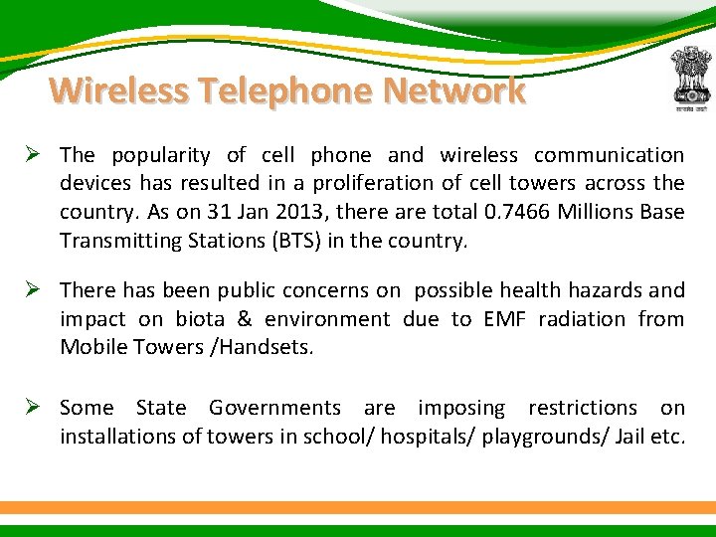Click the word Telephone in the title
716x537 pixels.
click(x=288, y=90)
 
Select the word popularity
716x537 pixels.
click(x=161, y=155)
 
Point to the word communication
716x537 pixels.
click(x=609, y=155)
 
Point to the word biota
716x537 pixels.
click(x=200, y=319)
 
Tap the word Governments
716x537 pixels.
click(x=274, y=408)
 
